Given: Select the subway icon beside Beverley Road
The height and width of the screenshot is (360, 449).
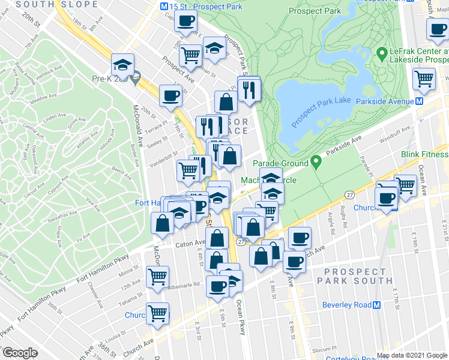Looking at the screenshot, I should tap(377, 305).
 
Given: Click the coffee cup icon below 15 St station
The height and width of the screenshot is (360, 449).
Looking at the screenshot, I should tap(185, 21).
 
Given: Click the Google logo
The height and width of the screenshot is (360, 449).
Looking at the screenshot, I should tap(20, 353).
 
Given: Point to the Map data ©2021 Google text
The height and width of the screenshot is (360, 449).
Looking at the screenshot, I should tap(412, 355).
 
